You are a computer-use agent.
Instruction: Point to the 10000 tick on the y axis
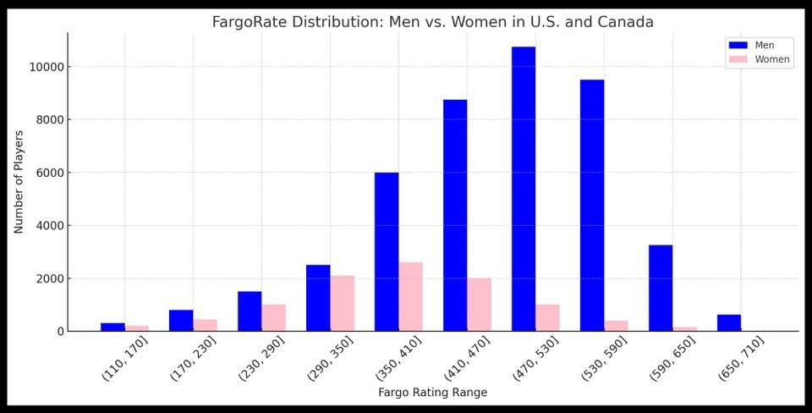(46, 67)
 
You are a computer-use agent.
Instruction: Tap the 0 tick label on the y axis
(60, 332)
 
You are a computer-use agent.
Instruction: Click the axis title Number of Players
(19, 182)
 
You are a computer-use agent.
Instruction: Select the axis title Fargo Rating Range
(432, 393)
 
